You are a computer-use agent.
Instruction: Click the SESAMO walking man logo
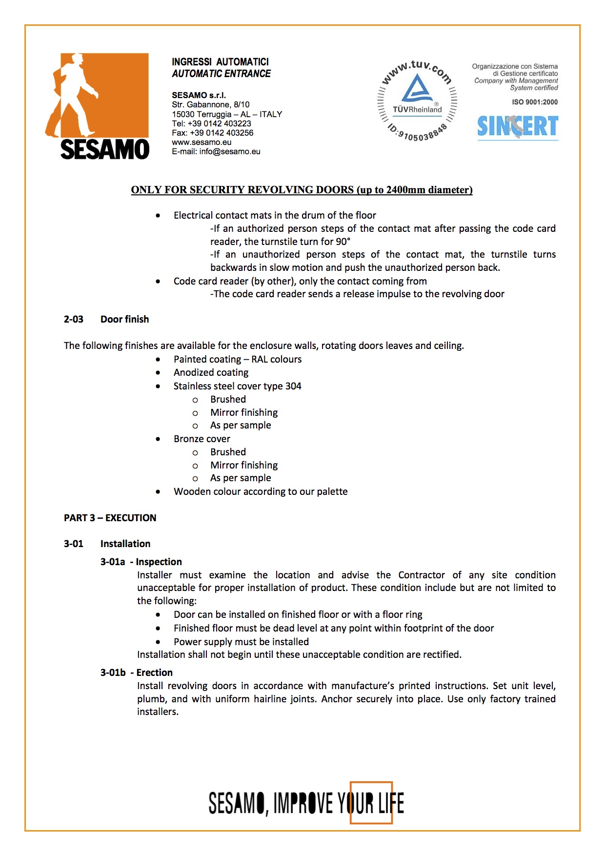pyautogui.click(x=97, y=106)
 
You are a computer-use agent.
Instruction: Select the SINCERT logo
pyautogui.click(x=518, y=126)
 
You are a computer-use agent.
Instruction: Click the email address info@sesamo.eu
pyautogui.click(x=230, y=152)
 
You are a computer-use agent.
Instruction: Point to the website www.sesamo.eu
pyautogui.click(x=202, y=143)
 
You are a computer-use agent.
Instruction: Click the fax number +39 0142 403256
pyautogui.click(x=222, y=133)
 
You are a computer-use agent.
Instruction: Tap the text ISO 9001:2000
pyautogui.click(x=535, y=102)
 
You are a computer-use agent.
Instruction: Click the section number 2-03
pyautogui.click(x=74, y=319)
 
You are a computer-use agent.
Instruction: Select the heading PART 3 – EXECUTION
pyautogui.click(x=110, y=518)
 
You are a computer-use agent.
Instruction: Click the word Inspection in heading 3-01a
pyautogui.click(x=159, y=562)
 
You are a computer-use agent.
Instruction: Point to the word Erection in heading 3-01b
pyautogui.click(x=154, y=673)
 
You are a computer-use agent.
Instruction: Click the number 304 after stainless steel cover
pyautogui.click(x=293, y=386)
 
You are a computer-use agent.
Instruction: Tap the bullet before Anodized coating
pyautogui.click(x=158, y=373)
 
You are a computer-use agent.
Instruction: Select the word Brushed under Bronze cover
pyautogui.click(x=228, y=452)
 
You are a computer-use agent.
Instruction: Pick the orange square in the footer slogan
pyautogui.click(x=371, y=802)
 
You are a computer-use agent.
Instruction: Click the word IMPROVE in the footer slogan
pyautogui.click(x=303, y=803)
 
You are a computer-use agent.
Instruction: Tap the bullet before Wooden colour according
pyautogui.click(x=158, y=492)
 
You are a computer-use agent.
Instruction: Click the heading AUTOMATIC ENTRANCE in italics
pyautogui.click(x=221, y=74)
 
